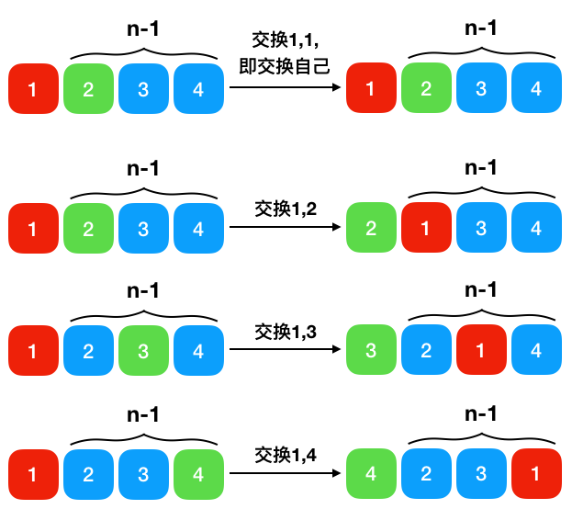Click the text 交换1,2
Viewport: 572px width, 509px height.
286,209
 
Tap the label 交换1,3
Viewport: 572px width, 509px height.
286,331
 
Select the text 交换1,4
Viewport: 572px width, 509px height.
286,454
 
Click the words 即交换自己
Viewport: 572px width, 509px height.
286,66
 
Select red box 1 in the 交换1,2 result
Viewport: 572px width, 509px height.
426,228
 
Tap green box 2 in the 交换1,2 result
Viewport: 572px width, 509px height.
371,228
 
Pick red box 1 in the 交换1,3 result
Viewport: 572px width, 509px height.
481,351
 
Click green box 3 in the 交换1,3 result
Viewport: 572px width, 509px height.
371,351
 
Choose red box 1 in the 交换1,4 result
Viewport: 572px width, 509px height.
536,474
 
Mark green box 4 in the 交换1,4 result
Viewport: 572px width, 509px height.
371,474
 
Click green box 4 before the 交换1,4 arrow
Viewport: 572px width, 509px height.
198,474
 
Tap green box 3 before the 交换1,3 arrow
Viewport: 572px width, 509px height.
143,351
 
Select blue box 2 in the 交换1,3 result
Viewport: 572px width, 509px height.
426,351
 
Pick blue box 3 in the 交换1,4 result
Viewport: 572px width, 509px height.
481,474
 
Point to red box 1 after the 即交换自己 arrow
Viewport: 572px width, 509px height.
371,89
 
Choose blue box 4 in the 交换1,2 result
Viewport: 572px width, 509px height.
536,228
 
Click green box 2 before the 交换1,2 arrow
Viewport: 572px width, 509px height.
88,228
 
